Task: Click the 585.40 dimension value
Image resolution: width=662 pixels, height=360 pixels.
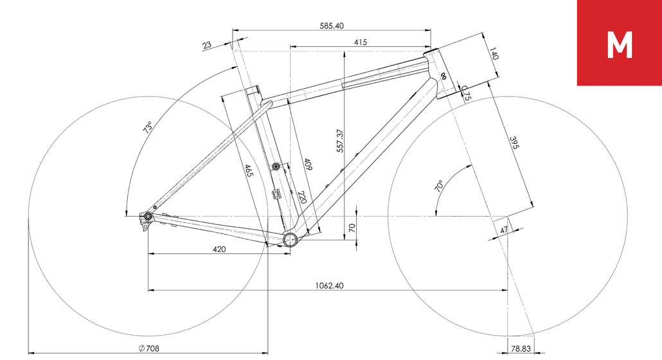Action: pos(332,26)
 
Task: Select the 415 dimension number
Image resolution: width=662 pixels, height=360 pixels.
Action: pos(360,42)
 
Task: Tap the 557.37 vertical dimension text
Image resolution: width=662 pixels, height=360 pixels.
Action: pos(340,141)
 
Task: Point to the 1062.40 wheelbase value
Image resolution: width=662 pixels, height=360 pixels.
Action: pos(329,285)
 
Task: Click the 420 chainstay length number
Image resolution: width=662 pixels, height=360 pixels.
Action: pos(219,249)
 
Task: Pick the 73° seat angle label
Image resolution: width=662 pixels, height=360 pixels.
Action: pos(147,127)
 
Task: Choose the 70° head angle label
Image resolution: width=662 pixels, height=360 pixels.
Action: pos(439,186)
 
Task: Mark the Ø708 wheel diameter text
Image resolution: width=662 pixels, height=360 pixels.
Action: pos(149,348)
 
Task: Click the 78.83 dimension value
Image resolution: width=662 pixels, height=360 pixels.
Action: pos(521,348)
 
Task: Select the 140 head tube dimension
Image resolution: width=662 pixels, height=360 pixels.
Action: pos(494,53)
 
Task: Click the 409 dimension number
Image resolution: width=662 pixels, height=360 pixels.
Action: pos(308,164)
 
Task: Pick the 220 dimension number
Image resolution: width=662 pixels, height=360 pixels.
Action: pos(302,197)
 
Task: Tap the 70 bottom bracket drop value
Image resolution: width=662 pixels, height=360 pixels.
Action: pos(352,228)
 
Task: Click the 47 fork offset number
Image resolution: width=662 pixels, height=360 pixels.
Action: pos(504,230)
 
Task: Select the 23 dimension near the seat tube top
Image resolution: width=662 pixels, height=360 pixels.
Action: pos(206,45)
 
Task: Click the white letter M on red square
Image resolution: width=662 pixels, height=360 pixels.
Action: pos(620,45)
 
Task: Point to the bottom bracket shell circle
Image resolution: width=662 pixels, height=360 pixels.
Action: pos(290,239)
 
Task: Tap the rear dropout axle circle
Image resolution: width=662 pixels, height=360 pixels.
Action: pos(148,216)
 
